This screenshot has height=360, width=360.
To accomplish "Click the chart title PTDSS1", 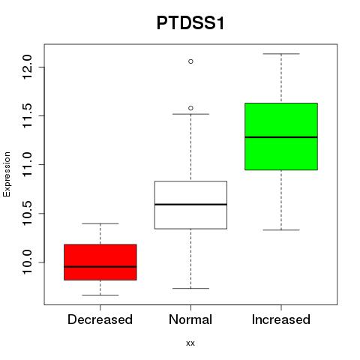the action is pyautogui.click(x=190, y=23).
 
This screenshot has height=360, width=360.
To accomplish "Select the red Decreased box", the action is pyautogui.click(x=100, y=262).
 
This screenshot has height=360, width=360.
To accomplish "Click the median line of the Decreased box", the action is pyautogui.click(x=100, y=267).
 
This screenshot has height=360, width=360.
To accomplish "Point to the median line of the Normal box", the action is pyautogui.click(x=190, y=205).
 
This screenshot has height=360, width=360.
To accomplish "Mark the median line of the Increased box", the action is pyautogui.click(x=281, y=137).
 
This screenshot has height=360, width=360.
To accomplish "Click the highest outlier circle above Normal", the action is pyautogui.click(x=190, y=61).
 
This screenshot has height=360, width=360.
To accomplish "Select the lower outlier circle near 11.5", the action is pyautogui.click(x=190, y=108).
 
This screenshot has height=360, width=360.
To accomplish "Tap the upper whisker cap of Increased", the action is pyautogui.click(x=281, y=54).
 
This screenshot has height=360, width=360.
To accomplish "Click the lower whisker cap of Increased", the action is pyautogui.click(x=281, y=229).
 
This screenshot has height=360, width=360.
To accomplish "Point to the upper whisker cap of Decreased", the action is pyautogui.click(x=100, y=223).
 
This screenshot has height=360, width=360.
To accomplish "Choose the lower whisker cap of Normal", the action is pyautogui.click(x=190, y=288).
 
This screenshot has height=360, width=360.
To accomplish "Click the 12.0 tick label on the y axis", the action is pyautogui.click(x=27, y=67).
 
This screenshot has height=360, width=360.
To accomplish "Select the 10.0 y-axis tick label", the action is pyautogui.click(x=27, y=262).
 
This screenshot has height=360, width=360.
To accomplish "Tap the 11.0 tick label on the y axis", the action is pyautogui.click(x=27, y=164).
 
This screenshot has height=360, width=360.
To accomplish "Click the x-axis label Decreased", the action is pyautogui.click(x=100, y=319).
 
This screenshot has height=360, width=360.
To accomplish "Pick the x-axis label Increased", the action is pyautogui.click(x=281, y=319).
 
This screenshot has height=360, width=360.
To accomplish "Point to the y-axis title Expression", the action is pyautogui.click(x=7, y=174).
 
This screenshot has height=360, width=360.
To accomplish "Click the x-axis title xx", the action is pyautogui.click(x=190, y=343).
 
